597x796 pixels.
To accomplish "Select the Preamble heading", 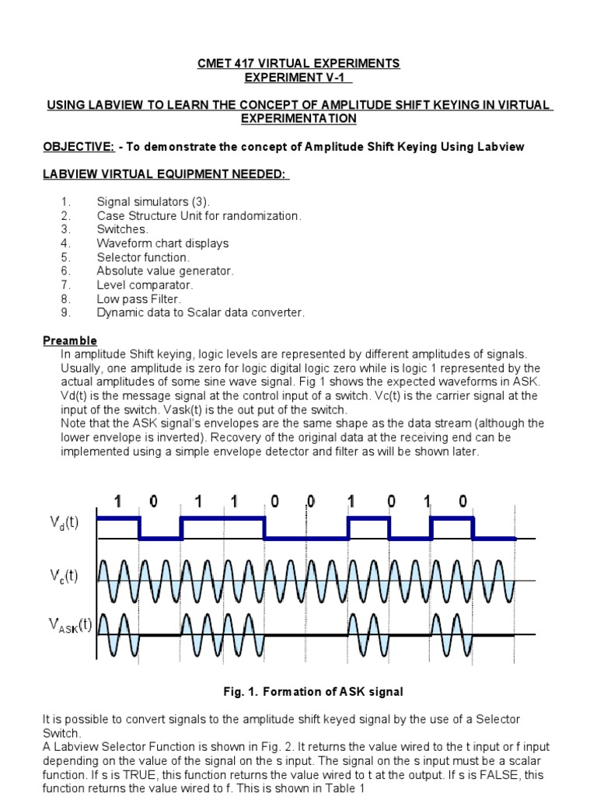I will [69, 340].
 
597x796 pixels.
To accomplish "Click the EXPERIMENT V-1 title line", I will [298, 78].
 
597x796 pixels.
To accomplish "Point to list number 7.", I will [66, 285].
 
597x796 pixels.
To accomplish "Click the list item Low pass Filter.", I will [138, 298].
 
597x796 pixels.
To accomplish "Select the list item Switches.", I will [122, 229].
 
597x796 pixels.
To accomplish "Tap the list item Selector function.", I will [143, 257].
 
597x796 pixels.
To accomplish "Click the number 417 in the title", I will [249, 64].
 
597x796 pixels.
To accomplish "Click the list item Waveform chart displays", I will [162, 243].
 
